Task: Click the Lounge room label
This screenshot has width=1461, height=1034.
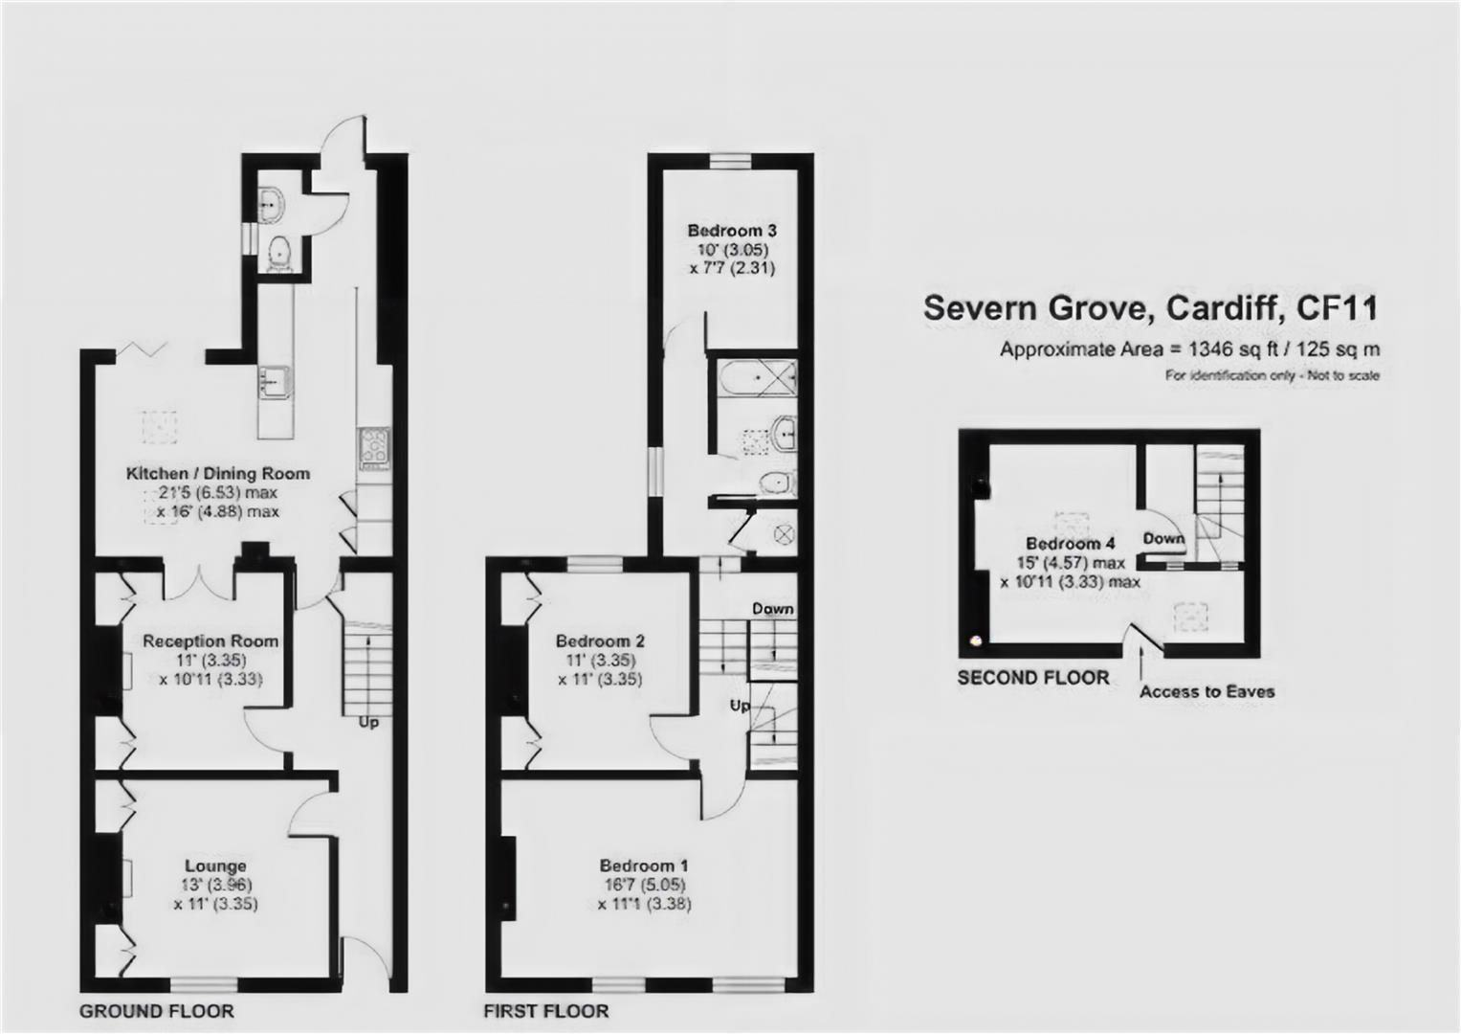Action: [216, 865]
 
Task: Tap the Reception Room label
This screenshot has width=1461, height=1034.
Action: [210, 641]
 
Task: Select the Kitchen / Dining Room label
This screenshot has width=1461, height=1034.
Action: [218, 473]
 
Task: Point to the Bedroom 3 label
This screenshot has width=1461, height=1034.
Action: [732, 231]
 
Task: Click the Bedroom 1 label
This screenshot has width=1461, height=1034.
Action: [644, 865]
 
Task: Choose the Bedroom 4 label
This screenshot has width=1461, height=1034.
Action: [1071, 543]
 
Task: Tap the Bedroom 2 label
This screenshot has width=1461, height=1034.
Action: [600, 641]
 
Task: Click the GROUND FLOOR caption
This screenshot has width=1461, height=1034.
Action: [157, 1011]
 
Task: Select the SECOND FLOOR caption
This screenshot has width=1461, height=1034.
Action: [1033, 678]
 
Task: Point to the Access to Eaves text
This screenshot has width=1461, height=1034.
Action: [1206, 691]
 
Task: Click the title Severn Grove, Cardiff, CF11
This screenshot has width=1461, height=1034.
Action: [1151, 308]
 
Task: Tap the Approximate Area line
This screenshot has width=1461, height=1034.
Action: [1189, 349]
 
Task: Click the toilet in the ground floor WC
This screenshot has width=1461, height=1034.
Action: [279, 254]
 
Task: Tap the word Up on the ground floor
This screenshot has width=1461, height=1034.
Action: [368, 723]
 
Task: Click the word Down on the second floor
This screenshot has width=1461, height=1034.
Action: [1163, 538]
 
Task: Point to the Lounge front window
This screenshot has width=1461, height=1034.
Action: [204, 984]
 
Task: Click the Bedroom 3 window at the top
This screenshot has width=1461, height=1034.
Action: [731, 161]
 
